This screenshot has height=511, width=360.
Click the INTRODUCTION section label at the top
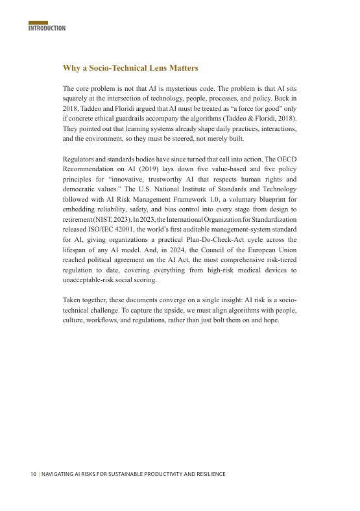(47, 29)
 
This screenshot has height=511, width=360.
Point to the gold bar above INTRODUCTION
(38, 23)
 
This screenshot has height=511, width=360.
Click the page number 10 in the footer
(32, 474)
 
